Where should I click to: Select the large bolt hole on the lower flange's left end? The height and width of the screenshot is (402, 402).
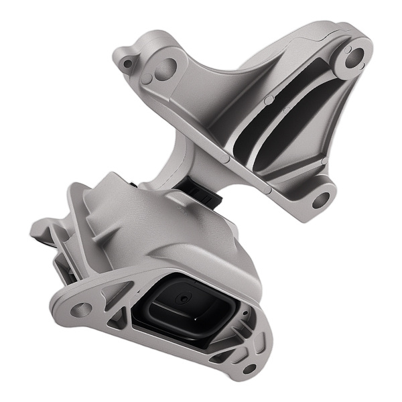(81, 310)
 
